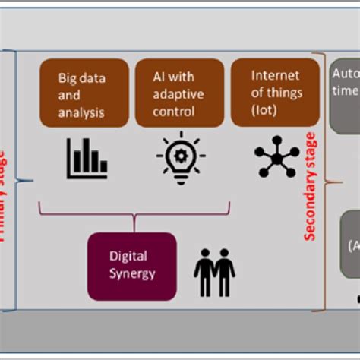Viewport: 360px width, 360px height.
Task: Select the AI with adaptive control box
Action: pos(178,93)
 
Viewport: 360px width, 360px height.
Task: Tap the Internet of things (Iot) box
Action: pos(274,93)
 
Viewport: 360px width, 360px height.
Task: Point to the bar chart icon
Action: pos(86,157)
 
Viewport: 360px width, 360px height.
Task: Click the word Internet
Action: pos(274,77)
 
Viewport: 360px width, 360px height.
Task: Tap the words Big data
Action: pos(82,78)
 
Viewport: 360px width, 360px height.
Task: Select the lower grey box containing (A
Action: pos(349,245)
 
